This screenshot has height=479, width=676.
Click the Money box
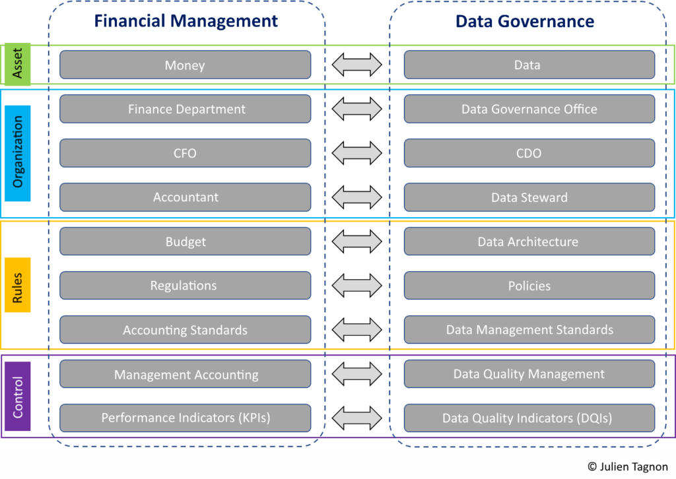pyautogui.click(x=185, y=65)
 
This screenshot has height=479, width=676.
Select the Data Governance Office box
pyautogui.click(x=529, y=109)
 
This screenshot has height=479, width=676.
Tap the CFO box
pyautogui.click(x=185, y=153)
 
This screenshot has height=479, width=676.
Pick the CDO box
pyautogui.click(x=529, y=153)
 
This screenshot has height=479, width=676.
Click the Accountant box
pyautogui.click(x=185, y=197)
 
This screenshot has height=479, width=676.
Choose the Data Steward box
pyautogui.click(x=529, y=197)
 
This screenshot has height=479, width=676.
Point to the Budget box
pyautogui.click(x=185, y=241)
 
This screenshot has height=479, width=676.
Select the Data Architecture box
pyautogui.click(x=529, y=241)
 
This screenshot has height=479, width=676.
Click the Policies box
pyautogui.click(x=529, y=286)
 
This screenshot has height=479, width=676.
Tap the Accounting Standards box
pyautogui.click(x=185, y=330)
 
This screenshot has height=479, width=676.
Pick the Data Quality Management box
pyautogui.click(x=529, y=374)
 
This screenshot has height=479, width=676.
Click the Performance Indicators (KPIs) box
pyautogui.click(x=185, y=418)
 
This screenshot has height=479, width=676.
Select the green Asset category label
pyautogui.click(x=17, y=64)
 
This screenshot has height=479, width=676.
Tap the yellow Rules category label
pyautogui.click(x=17, y=284)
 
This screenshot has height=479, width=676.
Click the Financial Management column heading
pyautogui.click(x=186, y=21)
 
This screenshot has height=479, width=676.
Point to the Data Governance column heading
pyautogui.click(x=525, y=21)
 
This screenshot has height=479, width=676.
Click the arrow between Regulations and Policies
pyautogui.click(x=356, y=286)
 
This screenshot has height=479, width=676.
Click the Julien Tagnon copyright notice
pyautogui.click(x=627, y=466)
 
